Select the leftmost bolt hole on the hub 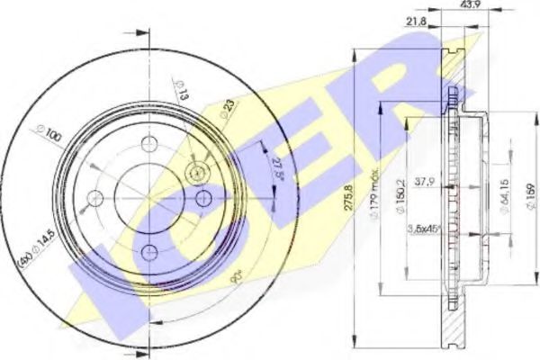[93, 198]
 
